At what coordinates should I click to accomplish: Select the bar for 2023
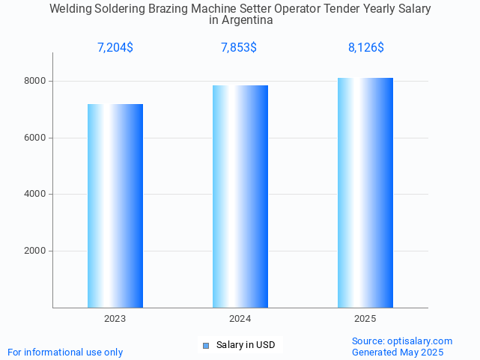(x=115, y=206)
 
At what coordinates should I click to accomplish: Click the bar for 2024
(x=240, y=196)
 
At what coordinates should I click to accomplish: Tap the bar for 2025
(x=365, y=192)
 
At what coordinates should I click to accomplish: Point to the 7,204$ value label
(x=115, y=48)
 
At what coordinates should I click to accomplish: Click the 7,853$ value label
(x=239, y=48)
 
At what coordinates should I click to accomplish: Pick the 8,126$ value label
(x=366, y=48)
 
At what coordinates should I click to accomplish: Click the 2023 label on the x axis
(x=115, y=319)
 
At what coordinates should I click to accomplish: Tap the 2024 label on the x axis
(x=240, y=319)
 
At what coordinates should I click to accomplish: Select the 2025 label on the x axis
(x=365, y=319)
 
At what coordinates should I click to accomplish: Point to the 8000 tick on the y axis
(x=34, y=81)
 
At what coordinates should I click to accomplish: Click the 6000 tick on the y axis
(x=34, y=138)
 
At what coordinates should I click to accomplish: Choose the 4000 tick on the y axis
(x=34, y=195)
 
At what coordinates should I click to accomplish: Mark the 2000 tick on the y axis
(x=34, y=251)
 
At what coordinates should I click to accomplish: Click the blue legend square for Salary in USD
(x=206, y=345)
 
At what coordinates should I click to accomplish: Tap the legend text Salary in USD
(x=246, y=345)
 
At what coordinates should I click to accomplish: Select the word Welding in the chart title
(x=72, y=9)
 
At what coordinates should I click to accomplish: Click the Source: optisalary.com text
(x=402, y=341)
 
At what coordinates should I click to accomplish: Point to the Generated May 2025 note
(x=398, y=352)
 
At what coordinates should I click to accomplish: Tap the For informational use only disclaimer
(x=65, y=352)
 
